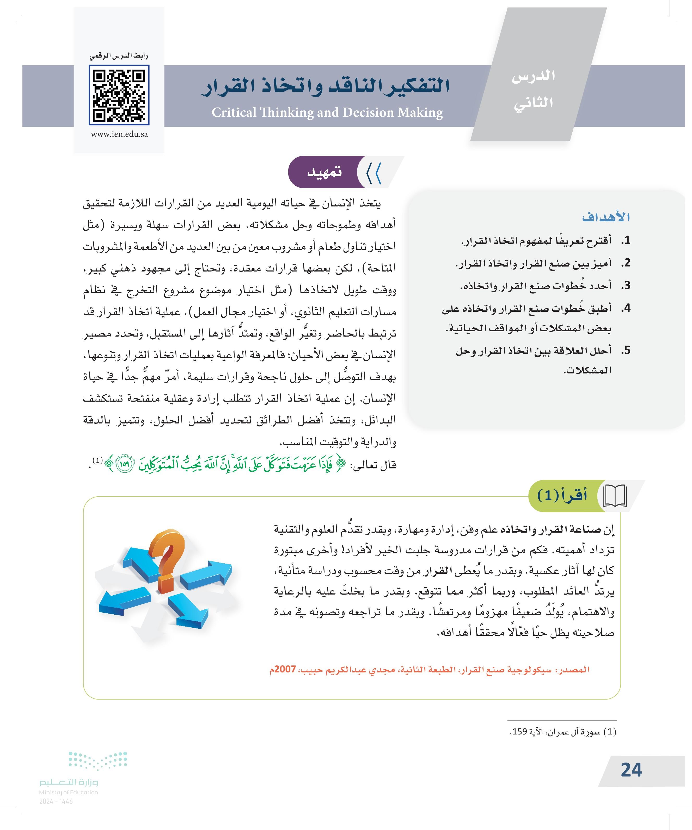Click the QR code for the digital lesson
(119, 95)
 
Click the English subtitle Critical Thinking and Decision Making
(327, 113)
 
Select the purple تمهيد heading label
(324, 173)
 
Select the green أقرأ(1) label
(562, 496)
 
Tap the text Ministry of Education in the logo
(69, 792)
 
